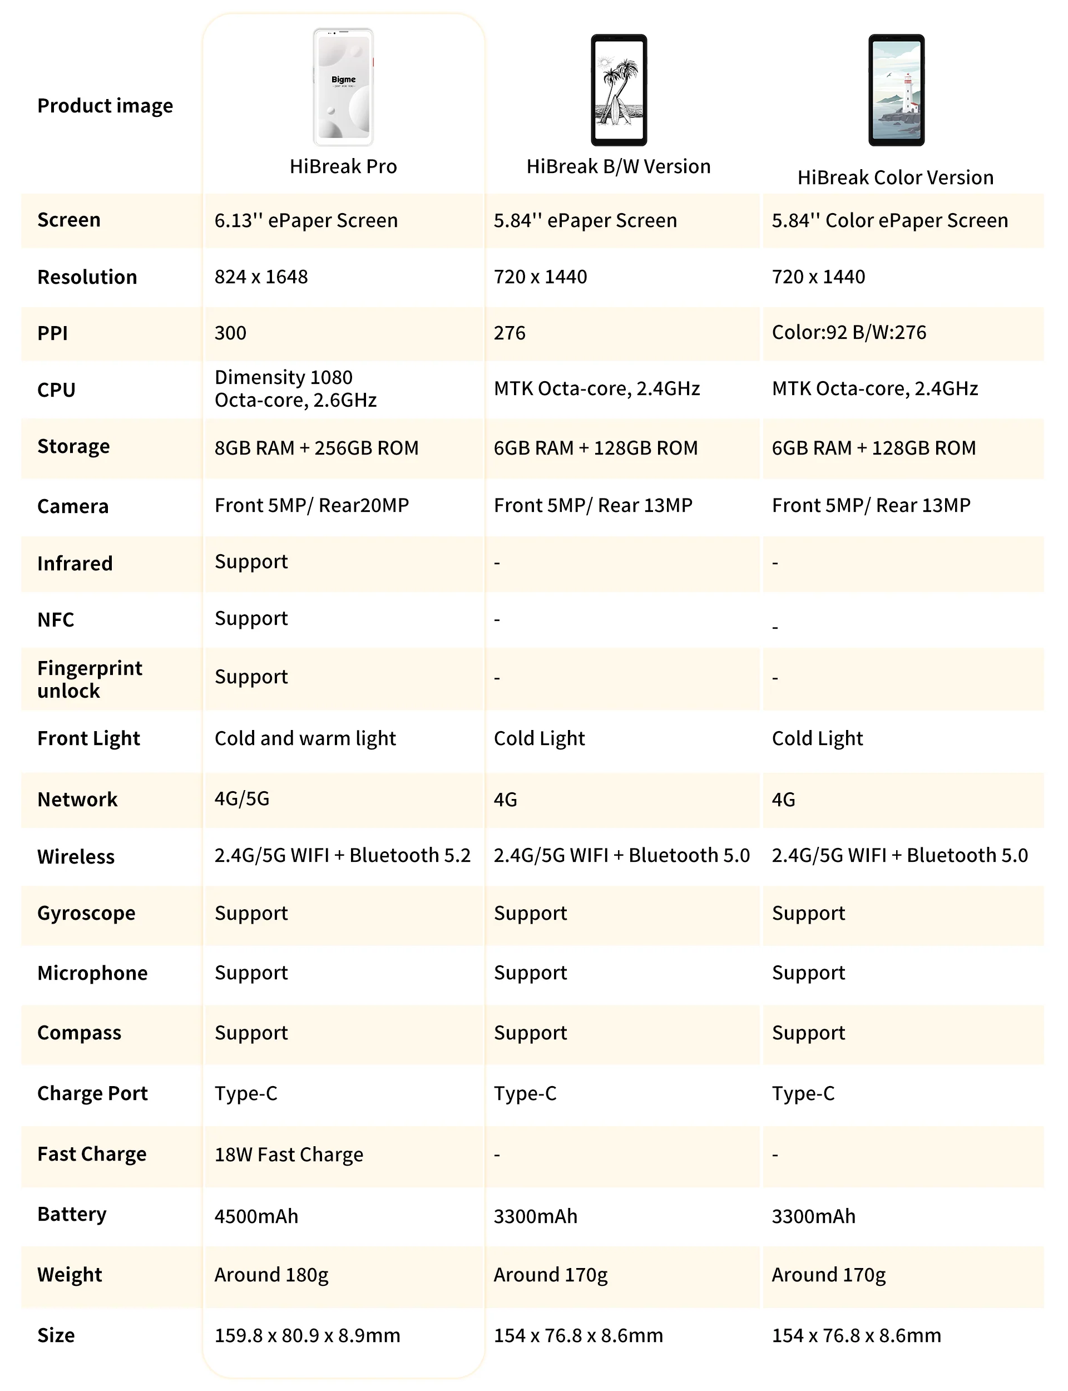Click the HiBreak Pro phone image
[x=343, y=87]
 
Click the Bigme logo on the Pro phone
[x=343, y=80]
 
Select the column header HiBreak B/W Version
[x=618, y=166]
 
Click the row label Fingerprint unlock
[x=90, y=679]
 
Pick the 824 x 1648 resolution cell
[x=261, y=277]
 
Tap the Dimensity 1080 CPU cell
[x=295, y=388]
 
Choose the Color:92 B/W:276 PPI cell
[x=849, y=333]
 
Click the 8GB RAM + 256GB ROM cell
[x=317, y=447]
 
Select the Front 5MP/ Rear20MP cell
[x=311, y=505]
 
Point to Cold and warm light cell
[x=305, y=738]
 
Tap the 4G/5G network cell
[x=242, y=798]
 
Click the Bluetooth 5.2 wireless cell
[x=343, y=855]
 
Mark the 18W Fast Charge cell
[x=289, y=1155]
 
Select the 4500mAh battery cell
[x=256, y=1216]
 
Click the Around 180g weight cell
[x=271, y=1275]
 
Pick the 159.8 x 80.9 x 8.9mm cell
[x=307, y=1335]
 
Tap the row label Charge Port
[x=92, y=1093]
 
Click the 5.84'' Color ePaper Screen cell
[x=889, y=220]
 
